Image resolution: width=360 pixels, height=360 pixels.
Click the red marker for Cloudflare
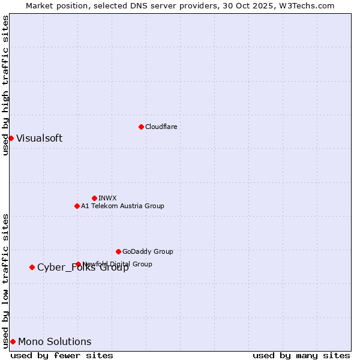141,127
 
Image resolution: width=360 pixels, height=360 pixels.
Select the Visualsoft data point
11,138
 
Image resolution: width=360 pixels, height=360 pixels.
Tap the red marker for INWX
94,198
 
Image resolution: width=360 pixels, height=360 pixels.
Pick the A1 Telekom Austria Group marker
77,206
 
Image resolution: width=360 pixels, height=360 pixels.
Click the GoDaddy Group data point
118,251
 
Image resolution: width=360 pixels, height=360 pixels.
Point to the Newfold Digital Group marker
78,264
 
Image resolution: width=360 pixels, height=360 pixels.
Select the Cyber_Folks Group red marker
32,267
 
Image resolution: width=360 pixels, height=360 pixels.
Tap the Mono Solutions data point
13,341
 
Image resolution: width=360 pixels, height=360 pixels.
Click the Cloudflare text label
161,127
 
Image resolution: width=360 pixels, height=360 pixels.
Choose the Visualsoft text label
39,138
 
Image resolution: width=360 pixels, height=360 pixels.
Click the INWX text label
107,198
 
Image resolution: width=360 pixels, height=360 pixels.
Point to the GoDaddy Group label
148,251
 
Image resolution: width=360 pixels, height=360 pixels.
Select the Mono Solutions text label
55,341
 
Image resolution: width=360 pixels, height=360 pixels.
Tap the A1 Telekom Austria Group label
122,206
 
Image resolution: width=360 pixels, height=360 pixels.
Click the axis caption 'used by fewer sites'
62,355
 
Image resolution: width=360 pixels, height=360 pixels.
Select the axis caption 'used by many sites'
301,355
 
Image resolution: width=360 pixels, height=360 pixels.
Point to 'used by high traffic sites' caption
5,85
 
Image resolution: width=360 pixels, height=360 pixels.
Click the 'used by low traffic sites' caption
5,280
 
